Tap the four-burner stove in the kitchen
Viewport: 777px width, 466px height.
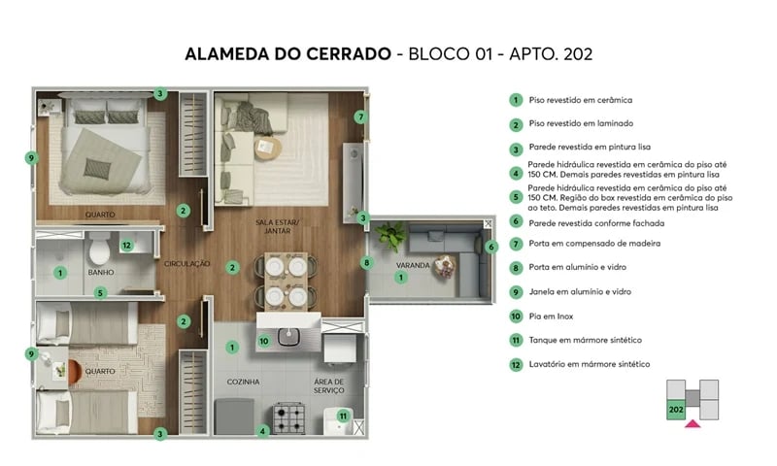pos(288,418)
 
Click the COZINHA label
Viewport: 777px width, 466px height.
pos(243,382)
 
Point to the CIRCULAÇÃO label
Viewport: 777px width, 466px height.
pos(186,263)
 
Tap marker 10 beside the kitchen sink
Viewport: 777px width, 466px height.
pos(264,341)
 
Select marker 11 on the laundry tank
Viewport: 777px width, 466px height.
pos(342,416)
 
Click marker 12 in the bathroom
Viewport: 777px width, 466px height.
pos(126,245)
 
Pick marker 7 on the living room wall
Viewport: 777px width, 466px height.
pos(359,117)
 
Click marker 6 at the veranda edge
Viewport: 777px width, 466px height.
pos(490,247)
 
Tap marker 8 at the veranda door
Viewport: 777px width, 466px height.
pos(366,262)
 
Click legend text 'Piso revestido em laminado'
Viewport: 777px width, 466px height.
pos(581,124)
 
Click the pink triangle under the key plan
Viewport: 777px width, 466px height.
pos(693,422)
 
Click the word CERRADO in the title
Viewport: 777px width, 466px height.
pos(342,53)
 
